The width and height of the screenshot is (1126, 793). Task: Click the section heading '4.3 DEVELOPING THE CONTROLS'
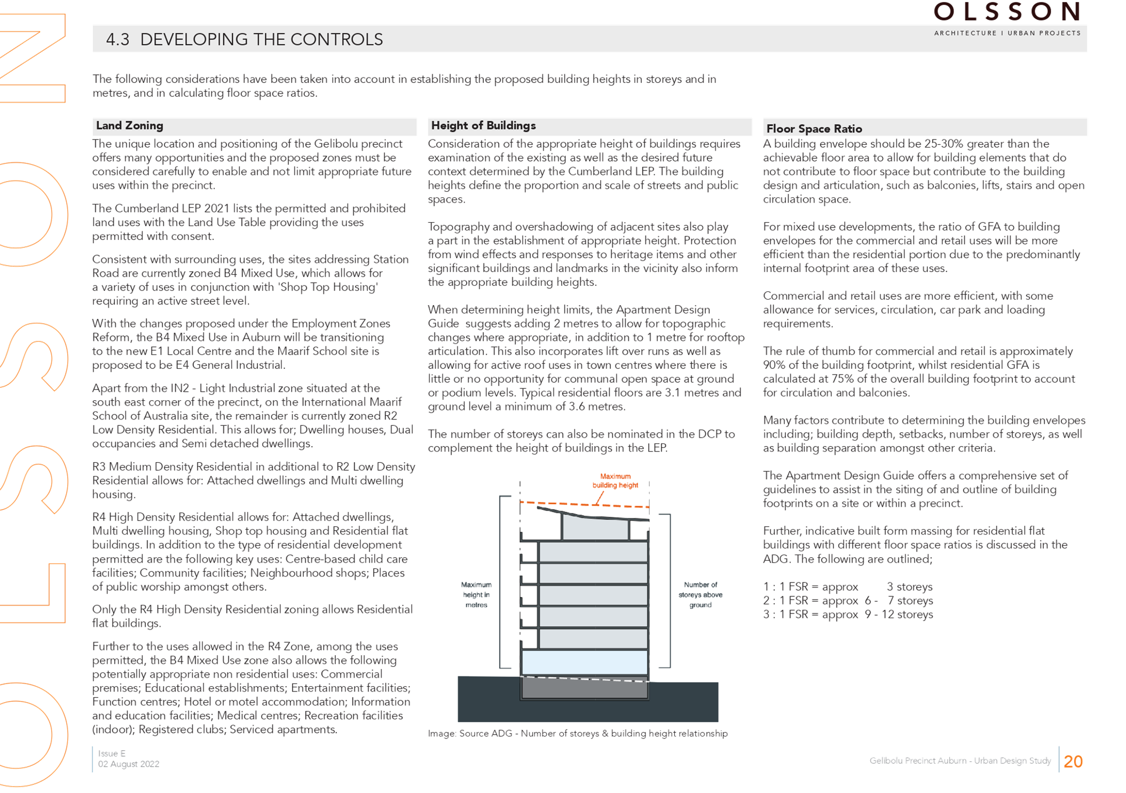(x=244, y=40)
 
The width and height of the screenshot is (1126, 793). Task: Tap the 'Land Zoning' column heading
(x=129, y=126)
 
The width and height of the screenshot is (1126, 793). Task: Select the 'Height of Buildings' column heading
(x=483, y=126)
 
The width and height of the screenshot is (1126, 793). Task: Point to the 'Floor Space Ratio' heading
(x=814, y=129)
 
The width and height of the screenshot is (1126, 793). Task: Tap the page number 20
(x=1073, y=761)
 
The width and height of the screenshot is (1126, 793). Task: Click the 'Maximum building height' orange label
(x=615, y=481)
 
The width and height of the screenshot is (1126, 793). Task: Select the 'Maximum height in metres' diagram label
(x=476, y=595)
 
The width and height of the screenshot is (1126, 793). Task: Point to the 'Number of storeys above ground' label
(x=700, y=595)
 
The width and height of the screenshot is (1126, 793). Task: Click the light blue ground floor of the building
(x=584, y=663)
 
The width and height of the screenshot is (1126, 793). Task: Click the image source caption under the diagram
(x=578, y=734)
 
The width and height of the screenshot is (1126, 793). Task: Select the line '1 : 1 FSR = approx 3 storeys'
(x=848, y=587)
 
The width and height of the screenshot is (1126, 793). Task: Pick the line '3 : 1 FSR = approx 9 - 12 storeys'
(x=848, y=615)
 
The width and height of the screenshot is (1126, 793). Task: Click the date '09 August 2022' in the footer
(x=128, y=764)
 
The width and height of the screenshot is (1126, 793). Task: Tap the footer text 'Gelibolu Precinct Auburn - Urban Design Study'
(x=960, y=761)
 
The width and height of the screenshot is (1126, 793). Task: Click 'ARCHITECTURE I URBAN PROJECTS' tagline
(x=1007, y=33)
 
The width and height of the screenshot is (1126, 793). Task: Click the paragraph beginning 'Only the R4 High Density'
(x=252, y=616)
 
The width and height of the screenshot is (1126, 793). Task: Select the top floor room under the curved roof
(x=595, y=529)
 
